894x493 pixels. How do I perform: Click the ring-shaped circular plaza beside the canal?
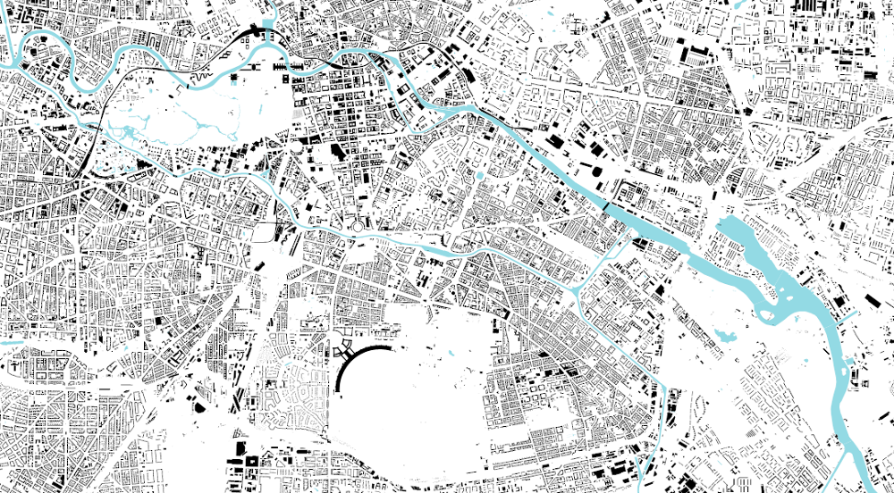(x=358, y=226)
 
